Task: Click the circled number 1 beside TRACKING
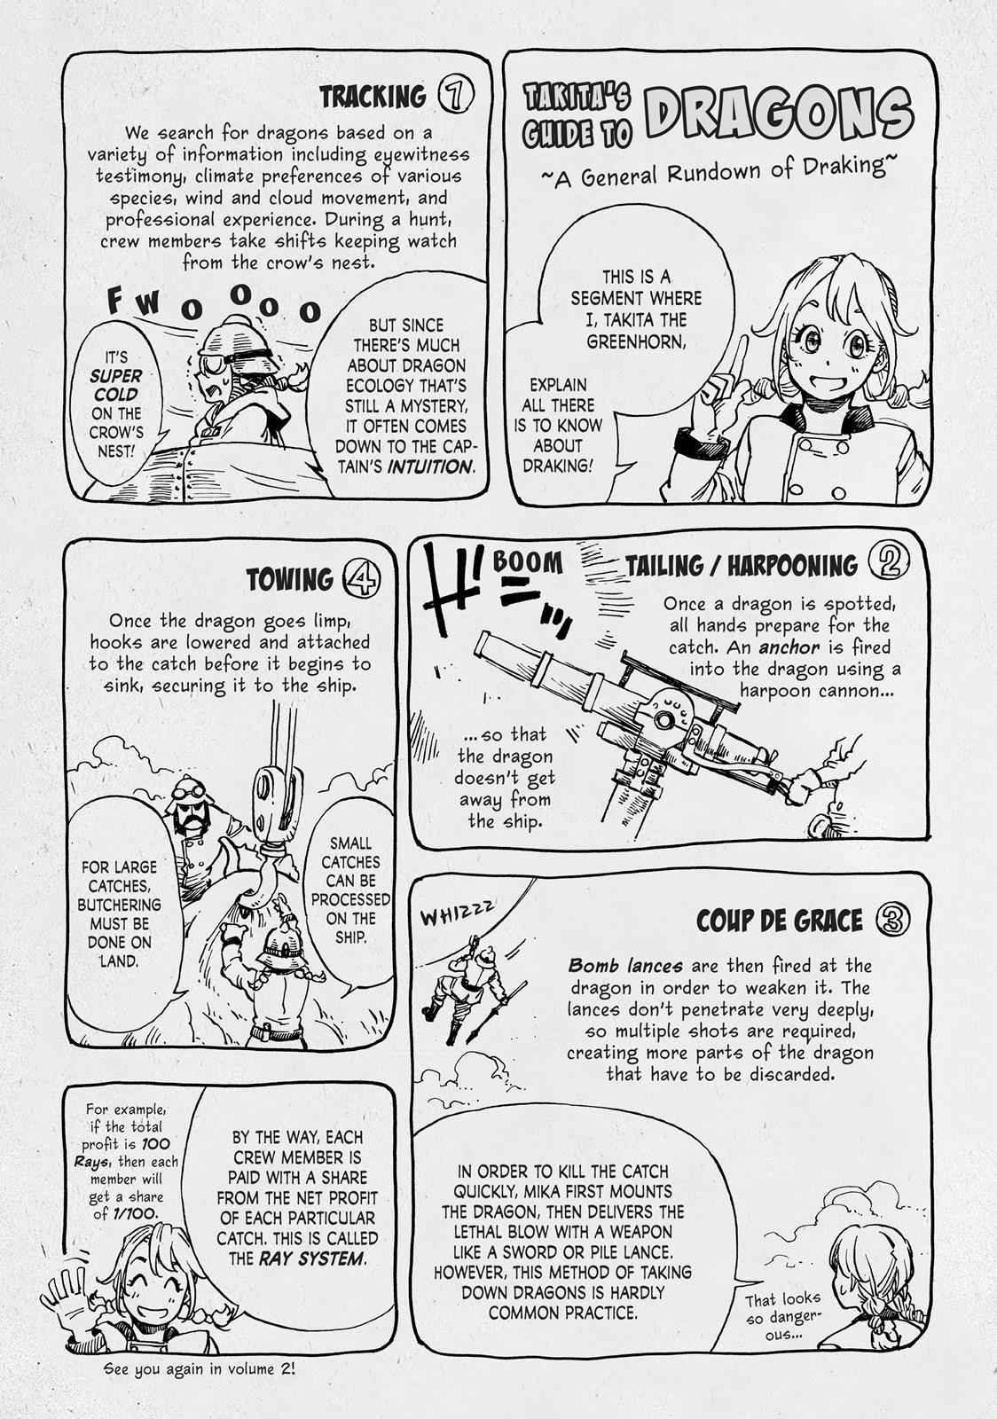tap(455, 97)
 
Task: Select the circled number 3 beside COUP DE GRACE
tap(892, 919)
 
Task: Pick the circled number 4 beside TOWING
tap(361, 579)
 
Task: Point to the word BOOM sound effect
tap(527, 562)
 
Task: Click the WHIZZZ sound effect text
tap(457, 913)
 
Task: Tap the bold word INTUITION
tap(431, 466)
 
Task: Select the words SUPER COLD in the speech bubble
tap(116, 385)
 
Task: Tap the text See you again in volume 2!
tap(199, 1368)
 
